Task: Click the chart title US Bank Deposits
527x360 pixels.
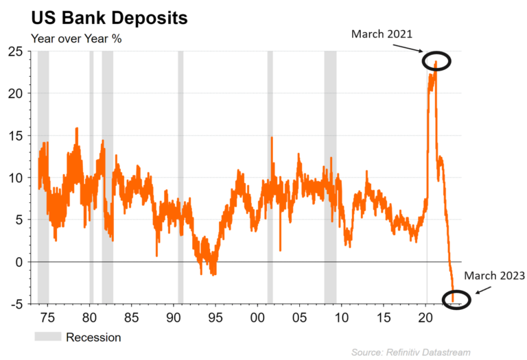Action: click(109, 18)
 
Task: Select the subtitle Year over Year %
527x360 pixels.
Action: click(76, 38)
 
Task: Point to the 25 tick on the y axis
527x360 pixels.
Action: click(16, 51)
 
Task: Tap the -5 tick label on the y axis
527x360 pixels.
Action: click(16, 304)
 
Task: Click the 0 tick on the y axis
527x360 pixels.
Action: click(19, 262)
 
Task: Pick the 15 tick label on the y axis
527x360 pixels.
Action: click(16, 136)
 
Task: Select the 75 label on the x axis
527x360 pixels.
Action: click(47, 317)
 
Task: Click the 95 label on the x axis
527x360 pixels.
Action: click(215, 317)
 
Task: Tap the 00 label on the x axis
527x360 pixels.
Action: click(257, 317)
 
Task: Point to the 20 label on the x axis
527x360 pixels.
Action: click(426, 317)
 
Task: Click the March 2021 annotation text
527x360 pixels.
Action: click(382, 34)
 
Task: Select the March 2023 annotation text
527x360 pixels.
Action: click(494, 276)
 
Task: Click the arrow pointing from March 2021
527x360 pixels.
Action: click(407, 48)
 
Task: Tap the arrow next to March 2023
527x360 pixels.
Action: click(483, 290)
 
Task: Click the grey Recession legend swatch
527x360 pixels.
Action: click(48, 336)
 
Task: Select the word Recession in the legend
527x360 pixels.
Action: click(93, 337)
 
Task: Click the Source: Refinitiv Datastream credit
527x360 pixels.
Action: click(411, 352)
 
